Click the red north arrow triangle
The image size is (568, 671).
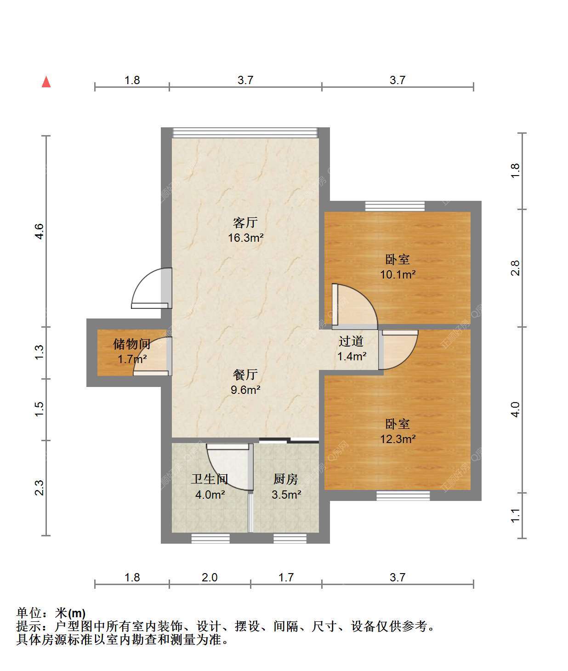[x=46, y=82]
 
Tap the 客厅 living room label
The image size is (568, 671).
[x=245, y=222]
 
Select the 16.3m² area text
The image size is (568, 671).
[x=245, y=238]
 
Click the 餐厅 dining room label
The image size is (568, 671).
[x=245, y=374]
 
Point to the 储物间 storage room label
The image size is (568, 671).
[x=132, y=344]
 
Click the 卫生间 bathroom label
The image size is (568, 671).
[x=210, y=479]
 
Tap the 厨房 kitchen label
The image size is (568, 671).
[x=286, y=479]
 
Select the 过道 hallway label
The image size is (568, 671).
[x=351, y=341]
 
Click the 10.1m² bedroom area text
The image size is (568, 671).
[x=398, y=275]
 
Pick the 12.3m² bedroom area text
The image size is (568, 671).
[x=398, y=439]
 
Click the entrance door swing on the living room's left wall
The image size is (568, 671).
[x=151, y=288]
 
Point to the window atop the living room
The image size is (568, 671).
[x=245, y=133]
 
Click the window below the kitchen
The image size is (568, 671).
[x=290, y=539]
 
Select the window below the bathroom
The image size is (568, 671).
[x=210, y=539]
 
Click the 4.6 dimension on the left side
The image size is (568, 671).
[x=39, y=232]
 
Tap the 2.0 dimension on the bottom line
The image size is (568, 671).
[x=210, y=578]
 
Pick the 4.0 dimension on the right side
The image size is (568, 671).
[x=516, y=409]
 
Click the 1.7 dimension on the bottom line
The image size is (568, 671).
[x=286, y=578]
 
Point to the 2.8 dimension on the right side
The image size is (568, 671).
[x=516, y=268]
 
